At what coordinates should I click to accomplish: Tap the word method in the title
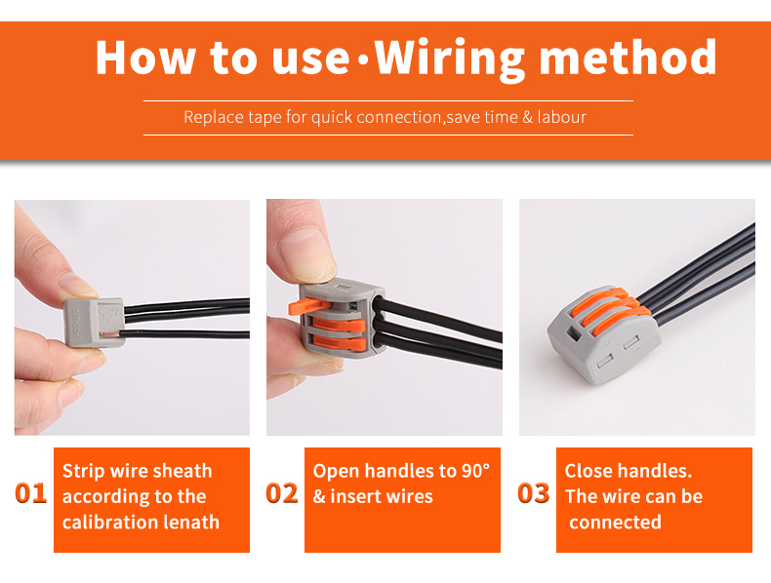tap(628, 57)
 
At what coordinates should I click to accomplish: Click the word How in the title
tap(145, 58)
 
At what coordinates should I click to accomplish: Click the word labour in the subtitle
tap(562, 117)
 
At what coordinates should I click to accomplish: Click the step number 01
tap(31, 492)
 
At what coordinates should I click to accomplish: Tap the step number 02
tap(282, 492)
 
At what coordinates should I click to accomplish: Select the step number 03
tap(534, 492)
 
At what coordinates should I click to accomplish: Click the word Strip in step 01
tap(84, 472)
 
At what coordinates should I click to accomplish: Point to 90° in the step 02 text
tap(475, 471)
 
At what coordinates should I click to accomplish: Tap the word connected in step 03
tap(615, 522)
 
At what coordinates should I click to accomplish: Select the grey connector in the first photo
tap(94, 323)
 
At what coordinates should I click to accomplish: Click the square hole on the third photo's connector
tap(573, 333)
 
